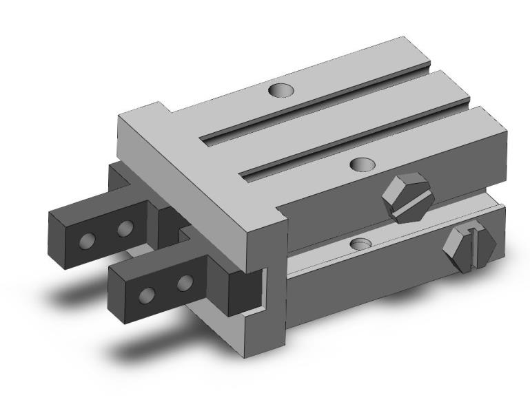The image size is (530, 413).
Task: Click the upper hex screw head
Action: pyautogui.click(x=405, y=198)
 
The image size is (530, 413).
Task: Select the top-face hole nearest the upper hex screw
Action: pyautogui.click(x=362, y=164)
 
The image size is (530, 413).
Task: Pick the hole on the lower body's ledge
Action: pyautogui.click(x=360, y=244)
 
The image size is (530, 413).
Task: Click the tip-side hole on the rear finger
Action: pyautogui.click(x=88, y=240)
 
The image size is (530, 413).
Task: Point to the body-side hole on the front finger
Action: pyautogui.click(x=184, y=282)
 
